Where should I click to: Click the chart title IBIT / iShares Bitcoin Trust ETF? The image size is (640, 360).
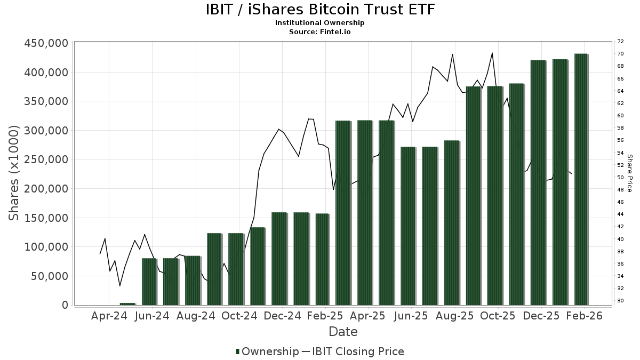[x=320, y=10]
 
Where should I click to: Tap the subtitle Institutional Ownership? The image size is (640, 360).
[x=320, y=23]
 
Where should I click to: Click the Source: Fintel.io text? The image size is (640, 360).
[x=320, y=31]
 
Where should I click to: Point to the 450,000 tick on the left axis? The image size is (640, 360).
[x=46, y=43]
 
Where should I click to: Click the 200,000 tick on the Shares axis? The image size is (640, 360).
[x=46, y=189]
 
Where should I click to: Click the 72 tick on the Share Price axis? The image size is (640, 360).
[x=620, y=42]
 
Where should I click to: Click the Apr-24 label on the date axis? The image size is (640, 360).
[x=109, y=316]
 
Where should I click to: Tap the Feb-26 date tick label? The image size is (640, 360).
[x=584, y=316]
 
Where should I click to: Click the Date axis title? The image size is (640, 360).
[x=343, y=332]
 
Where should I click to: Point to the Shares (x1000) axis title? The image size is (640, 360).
[x=14, y=174]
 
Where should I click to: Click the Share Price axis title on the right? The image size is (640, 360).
[x=629, y=173]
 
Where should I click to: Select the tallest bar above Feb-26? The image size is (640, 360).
[x=581, y=179]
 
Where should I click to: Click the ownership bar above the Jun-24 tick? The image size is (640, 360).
[x=149, y=282]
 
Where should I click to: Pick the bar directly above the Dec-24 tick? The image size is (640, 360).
[x=279, y=259]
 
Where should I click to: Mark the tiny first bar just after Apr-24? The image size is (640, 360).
[x=127, y=304]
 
